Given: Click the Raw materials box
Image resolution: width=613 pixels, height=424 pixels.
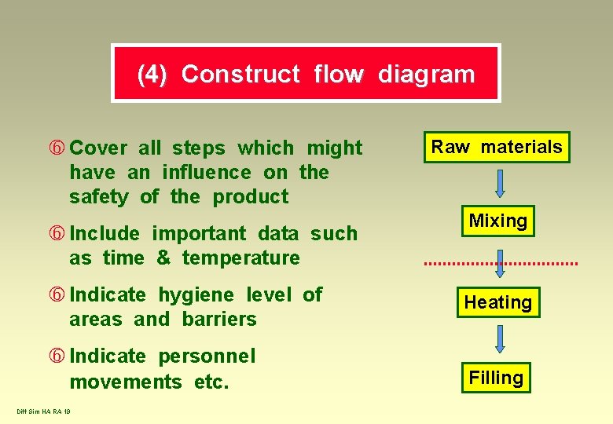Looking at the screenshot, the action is pos(497,147).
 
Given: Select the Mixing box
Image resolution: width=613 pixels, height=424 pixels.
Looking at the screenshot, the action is pos(497,221).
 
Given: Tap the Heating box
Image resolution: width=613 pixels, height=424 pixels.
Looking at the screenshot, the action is pos(497,302).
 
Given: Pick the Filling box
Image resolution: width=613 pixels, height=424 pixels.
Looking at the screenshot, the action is pos(496,378).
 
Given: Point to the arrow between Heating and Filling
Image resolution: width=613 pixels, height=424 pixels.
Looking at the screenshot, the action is pos(499,339).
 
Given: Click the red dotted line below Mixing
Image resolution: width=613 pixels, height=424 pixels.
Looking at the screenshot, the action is pos(501,263).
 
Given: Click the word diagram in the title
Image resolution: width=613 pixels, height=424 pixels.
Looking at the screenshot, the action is pos(427,75).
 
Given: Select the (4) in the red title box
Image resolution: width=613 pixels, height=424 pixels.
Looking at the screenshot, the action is pos(152,75).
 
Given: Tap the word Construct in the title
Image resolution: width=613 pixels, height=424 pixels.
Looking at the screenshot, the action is pos(240,75).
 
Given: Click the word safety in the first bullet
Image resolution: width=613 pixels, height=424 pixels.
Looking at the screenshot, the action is pos(98,196).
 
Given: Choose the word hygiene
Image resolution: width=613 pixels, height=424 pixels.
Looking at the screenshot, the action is pos(196,294).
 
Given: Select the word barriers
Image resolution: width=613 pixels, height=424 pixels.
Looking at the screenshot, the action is pos(218,319).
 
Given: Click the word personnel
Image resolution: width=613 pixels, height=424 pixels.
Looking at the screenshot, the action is pos(207,356).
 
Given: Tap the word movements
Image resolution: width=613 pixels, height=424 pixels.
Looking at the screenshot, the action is pos(126,382).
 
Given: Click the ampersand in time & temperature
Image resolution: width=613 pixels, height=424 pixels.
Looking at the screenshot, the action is pos(163,258).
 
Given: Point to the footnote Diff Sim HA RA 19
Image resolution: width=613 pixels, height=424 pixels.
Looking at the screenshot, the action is pos(44,411).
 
